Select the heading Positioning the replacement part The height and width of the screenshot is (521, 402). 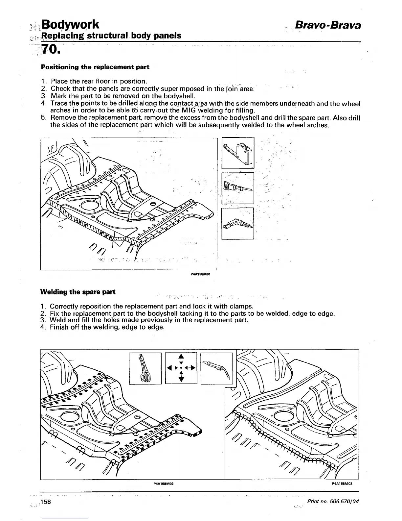(95, 67)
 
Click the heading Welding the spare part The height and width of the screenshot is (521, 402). (78, 292)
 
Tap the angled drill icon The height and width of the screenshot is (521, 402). (238, 223)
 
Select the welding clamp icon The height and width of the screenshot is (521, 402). (145, 368)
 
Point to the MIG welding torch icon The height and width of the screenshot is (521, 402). (216, 368)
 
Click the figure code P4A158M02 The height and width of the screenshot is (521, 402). (163, 484)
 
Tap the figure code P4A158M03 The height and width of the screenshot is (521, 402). (342, 484)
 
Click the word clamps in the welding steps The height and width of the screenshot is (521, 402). (240, 306)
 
